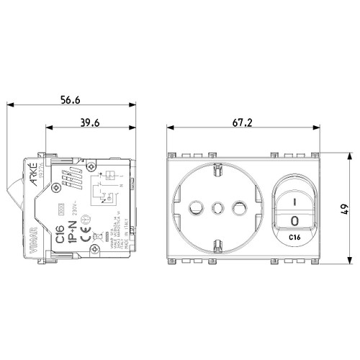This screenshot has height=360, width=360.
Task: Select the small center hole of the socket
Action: [x=215, y=209]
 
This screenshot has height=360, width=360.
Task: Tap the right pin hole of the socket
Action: [x=235, y=209]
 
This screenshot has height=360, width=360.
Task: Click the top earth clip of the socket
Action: [x=215, y=171]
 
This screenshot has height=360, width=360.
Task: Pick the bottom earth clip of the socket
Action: [x=215, y=248]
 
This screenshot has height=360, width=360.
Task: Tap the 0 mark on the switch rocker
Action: [x=294, y=218]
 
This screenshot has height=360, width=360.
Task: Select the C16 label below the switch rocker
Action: [x=294, y=236]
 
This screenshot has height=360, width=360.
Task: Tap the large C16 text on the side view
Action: [x=61, y=232]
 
